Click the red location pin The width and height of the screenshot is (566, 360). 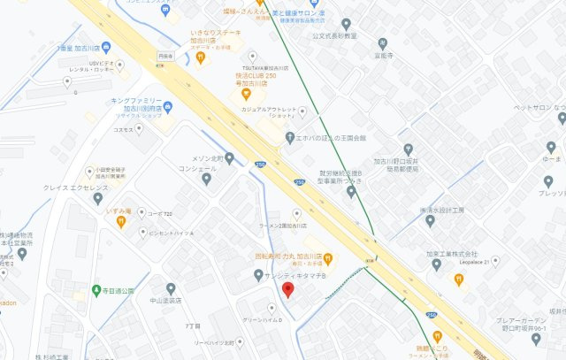[287, 291]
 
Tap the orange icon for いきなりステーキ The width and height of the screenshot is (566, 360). [201, 57]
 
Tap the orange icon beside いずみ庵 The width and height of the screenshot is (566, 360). [121, 221]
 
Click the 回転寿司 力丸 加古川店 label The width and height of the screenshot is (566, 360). [288, 258]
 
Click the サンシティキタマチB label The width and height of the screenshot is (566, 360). [295, 276]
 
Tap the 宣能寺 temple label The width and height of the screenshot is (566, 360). [382, 54]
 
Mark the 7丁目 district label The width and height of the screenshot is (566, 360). [192, 326]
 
